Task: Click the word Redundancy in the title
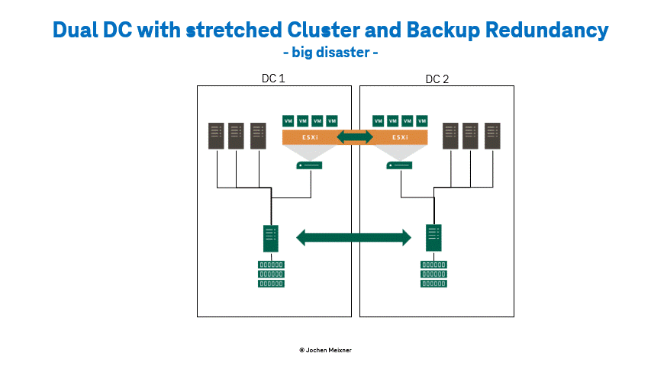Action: [546, 30]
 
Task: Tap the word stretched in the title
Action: [234, 30]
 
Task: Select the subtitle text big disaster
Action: [330, 53]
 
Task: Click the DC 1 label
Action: [273, 78]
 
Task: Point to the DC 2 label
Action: [437, 79]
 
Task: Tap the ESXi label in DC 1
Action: [310, 137]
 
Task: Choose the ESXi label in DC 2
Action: [400, 137]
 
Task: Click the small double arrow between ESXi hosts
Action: [355, 137]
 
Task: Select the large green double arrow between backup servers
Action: [353, 238]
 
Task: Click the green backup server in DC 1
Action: [271, 238]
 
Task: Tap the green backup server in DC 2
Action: [433, 238]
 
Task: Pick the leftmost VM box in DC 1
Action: [288, 120]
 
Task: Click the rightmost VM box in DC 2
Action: [422, 120]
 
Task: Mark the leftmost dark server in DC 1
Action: [216, 136]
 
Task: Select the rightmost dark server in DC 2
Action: [492, 136]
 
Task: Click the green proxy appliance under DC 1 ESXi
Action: [309, 165]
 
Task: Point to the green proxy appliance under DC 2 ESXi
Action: [399, 165]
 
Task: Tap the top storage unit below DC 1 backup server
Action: [271, 265]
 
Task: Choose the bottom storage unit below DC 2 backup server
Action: [433, 284]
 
